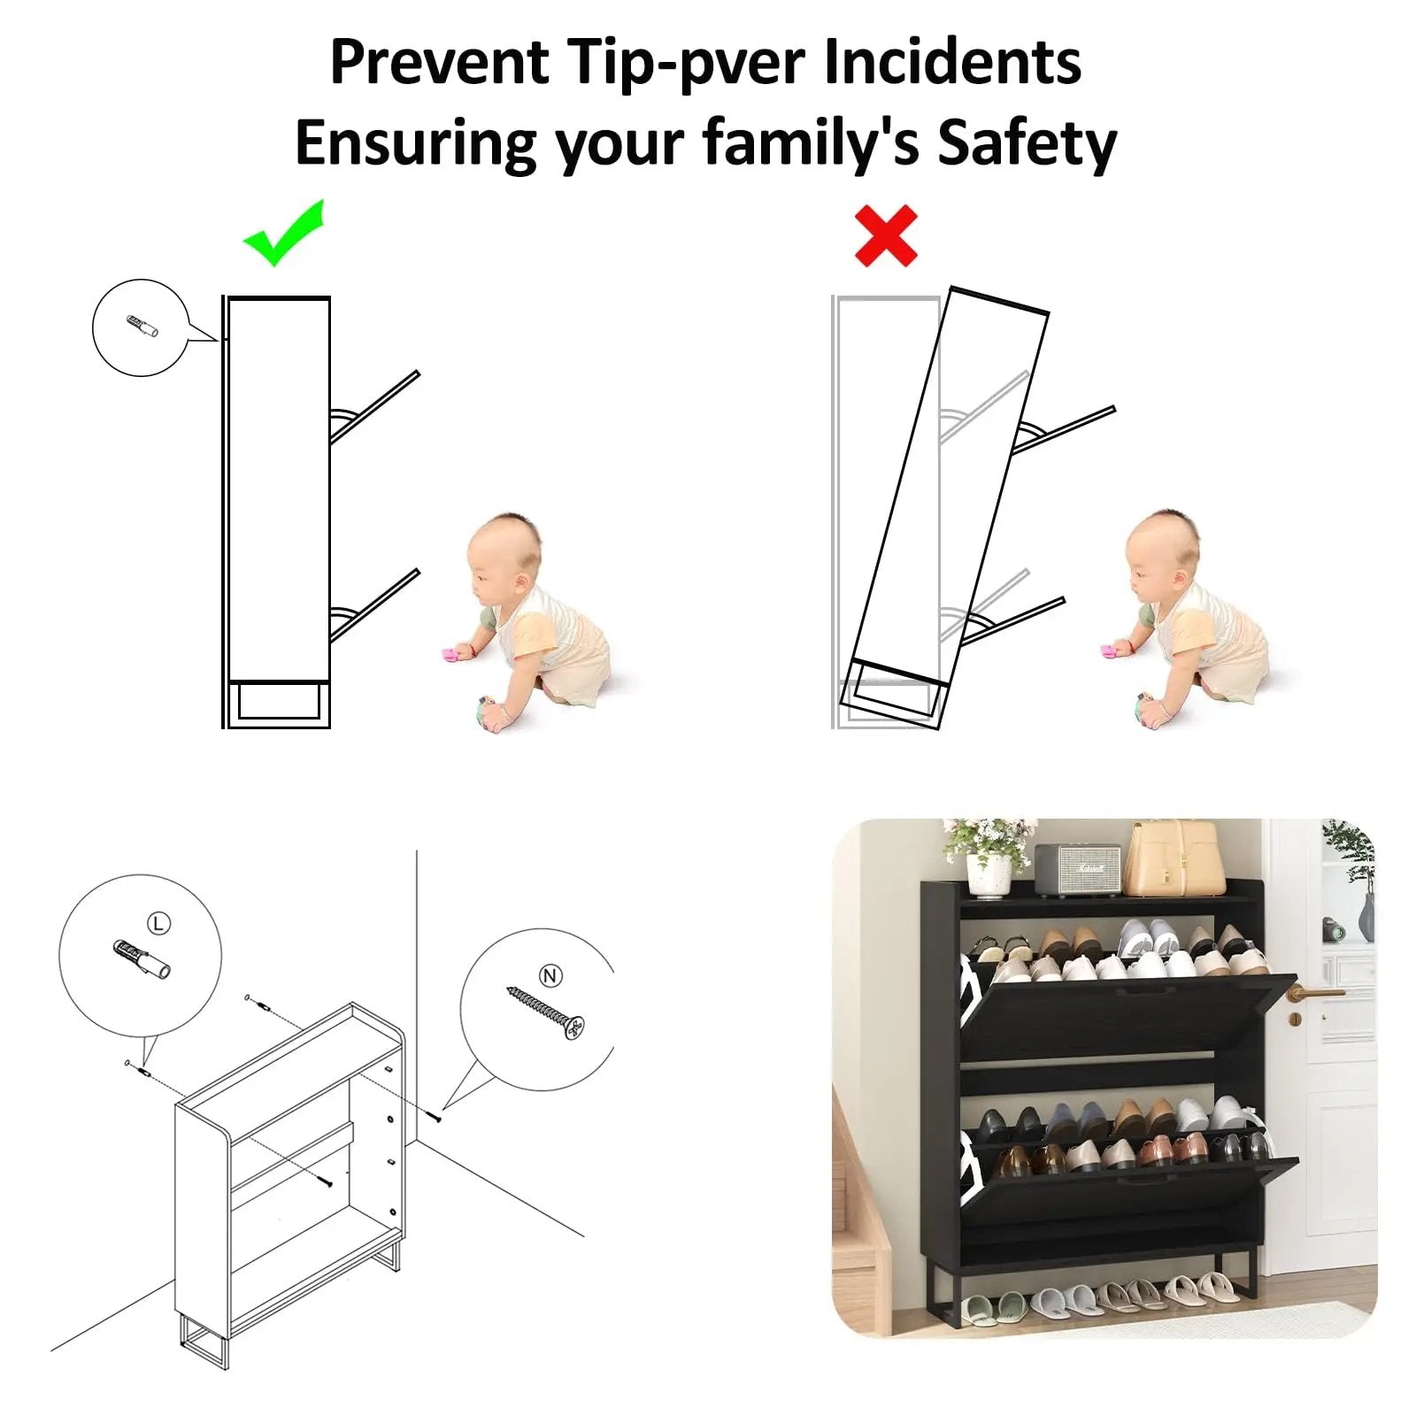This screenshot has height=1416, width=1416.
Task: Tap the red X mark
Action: (886, 236)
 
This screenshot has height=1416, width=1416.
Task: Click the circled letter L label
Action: (158, 924)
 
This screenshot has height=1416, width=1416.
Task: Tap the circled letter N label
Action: (550, 975)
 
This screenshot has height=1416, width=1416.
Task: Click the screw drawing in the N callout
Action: (546, 1013)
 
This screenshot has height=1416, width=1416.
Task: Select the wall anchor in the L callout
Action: (142, 958)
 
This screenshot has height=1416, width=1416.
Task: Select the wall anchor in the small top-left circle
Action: (141, 326)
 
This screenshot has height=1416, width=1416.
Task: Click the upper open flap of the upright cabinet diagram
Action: (374, 407)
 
